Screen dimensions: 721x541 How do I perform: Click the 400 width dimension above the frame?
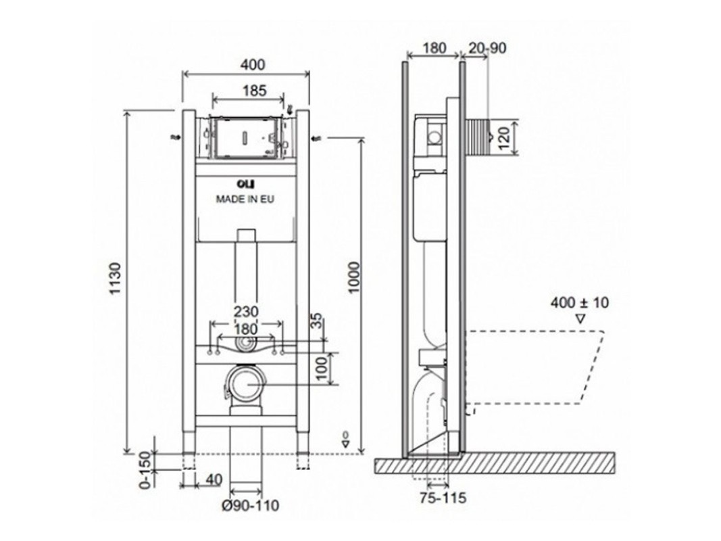253,65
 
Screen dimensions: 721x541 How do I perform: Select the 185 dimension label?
254,91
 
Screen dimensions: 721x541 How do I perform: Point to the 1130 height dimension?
115,279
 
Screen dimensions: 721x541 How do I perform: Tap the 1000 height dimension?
353,277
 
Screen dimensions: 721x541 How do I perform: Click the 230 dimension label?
246,312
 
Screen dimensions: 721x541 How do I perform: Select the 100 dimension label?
322,369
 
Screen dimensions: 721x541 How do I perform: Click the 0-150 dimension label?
145,469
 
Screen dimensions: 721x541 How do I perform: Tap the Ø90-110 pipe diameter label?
251,506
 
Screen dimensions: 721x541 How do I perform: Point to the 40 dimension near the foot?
214,480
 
